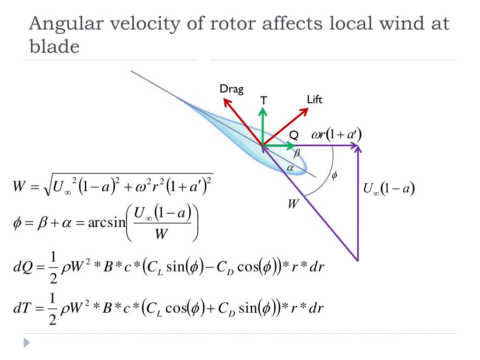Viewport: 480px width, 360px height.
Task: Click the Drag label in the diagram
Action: [232, 89]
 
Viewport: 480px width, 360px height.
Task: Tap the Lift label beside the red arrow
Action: [315, 99]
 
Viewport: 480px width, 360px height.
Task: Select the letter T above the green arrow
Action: [263, 100]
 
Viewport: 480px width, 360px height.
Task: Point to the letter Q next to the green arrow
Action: [293, 135]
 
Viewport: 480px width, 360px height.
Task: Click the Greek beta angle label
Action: [296, 153]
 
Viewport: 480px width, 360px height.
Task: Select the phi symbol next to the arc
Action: [334, 175]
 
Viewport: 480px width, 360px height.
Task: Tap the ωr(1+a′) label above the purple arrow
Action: [337, 135]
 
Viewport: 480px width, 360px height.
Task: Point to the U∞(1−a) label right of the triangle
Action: [390, 189]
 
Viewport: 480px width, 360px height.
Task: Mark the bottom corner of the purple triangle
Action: [358, 260]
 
